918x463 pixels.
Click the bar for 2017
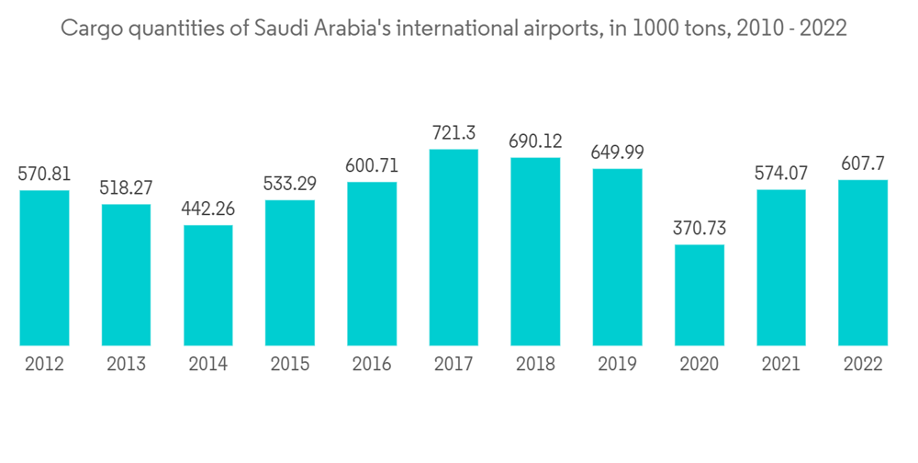point(453,247)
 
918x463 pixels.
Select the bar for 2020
point(700,295)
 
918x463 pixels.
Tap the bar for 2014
point(207,285)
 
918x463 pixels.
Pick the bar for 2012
point(44,267)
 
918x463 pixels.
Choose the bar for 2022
point(863,263)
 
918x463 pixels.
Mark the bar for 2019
point(617,257)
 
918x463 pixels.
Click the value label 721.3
point(453,133)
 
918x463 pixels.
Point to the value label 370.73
point(700,228)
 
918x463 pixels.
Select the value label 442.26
point(207,209)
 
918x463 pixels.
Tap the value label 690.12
point(535,141)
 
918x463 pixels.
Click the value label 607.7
point(863,164)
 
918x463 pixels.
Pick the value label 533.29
point(290,184)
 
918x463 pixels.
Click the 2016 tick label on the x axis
point(372,365)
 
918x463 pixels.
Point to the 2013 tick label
point(126,365)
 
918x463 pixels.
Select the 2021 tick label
point(781,365)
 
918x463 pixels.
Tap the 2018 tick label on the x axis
point(535,365)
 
